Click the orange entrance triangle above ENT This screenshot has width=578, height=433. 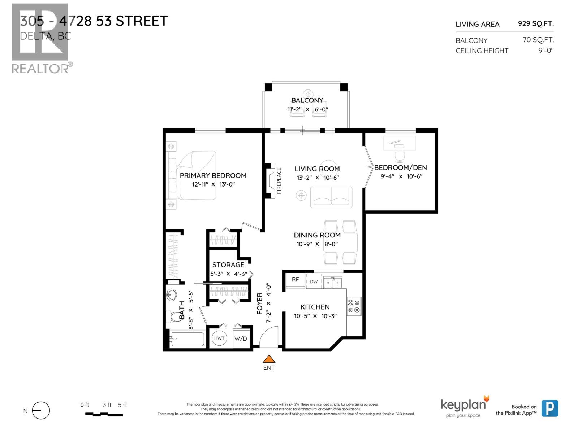(x=269, y=359)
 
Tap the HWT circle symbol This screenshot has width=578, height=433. (x=219, y=338)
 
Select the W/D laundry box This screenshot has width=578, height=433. (x=241, y=338)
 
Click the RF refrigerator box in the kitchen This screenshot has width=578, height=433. (x=296, y=280)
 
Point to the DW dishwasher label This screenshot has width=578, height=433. (x=314, y=281)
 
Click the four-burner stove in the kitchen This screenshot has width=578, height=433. (x=354, y=306)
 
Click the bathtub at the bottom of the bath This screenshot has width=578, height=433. (x=187, y=339)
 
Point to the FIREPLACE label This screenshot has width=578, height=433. (x=279, y=180)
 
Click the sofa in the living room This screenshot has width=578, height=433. (x=331, y=197)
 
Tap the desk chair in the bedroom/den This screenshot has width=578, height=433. (x=400, y=156)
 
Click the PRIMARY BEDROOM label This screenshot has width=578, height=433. (x=213, y=175)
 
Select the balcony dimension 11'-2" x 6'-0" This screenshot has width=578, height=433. (x=307, y=109)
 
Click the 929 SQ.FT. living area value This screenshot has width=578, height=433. (x=535, y=23)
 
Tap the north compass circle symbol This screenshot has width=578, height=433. (x=41, y=411)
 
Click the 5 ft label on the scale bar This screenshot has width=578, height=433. (x=122, y=405)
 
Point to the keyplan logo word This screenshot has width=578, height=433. (x=463, y=405)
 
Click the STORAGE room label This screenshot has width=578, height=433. (x=228, y=265)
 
